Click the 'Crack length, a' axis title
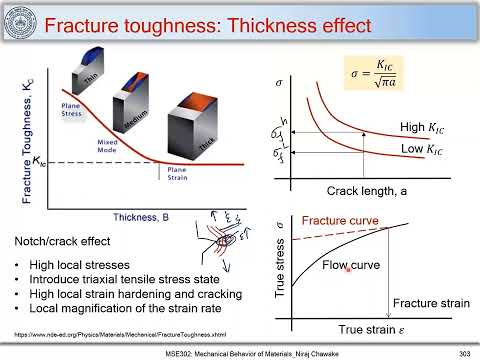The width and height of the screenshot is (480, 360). tap(369, 190)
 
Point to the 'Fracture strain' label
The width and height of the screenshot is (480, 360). tap(426, 303)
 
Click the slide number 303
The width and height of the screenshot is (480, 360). tap(463, 352)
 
